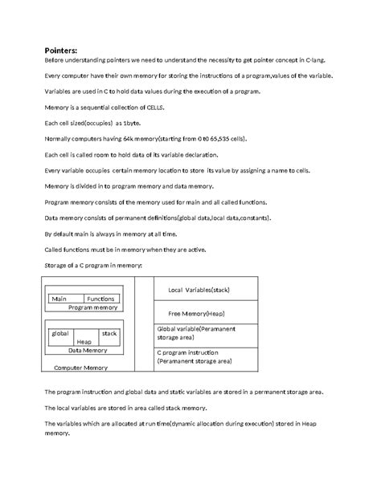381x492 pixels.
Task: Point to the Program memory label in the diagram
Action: (x=92, y=307)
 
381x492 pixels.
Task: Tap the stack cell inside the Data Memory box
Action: (x=109, y=332)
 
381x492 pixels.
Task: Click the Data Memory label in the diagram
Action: (x=87, y=350)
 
